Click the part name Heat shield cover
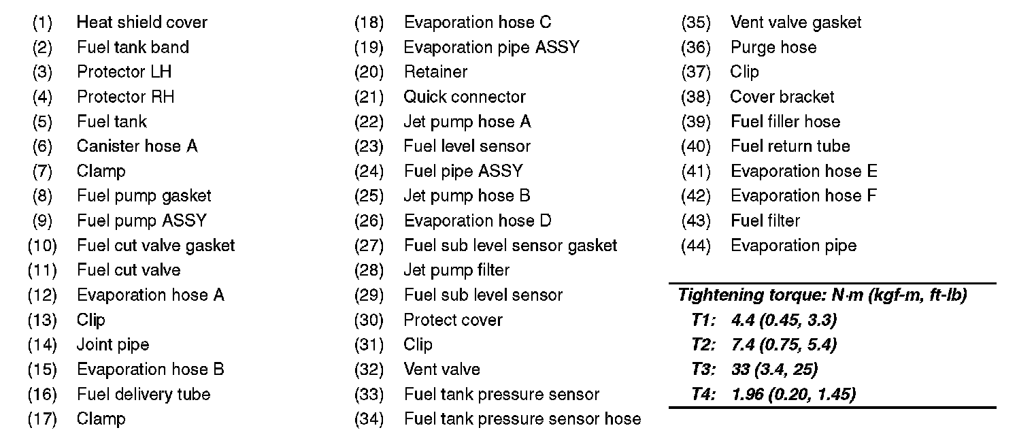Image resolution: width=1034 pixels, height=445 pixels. click(141, 22)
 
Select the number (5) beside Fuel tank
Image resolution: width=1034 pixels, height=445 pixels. click(42, 122)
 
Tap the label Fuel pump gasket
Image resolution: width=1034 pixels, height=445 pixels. click(144, 196)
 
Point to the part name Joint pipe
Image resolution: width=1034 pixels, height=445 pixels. click(112, 345)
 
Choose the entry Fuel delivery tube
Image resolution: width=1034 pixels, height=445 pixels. click(144, 395)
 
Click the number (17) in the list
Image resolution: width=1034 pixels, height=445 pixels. click(42, 419)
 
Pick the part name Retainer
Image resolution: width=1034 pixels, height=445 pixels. click(435, 72)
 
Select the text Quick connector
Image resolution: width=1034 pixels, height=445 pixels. click(465, 97)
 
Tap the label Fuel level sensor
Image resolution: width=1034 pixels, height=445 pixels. click(467, 146)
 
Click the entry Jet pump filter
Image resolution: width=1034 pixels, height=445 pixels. click(456, 270)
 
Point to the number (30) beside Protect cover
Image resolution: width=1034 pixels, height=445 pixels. click(369, 320)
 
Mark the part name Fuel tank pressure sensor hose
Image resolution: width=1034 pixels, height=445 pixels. click(522, 419)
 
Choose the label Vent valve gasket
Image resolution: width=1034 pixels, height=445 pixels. click(796, 22)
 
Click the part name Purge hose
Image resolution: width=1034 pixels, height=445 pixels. click(773, 48)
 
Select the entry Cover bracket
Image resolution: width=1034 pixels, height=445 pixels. click(782, 97)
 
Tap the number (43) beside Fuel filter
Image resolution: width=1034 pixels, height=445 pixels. click(696, 221)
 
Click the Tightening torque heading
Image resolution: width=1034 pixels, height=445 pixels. click(822, 295)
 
